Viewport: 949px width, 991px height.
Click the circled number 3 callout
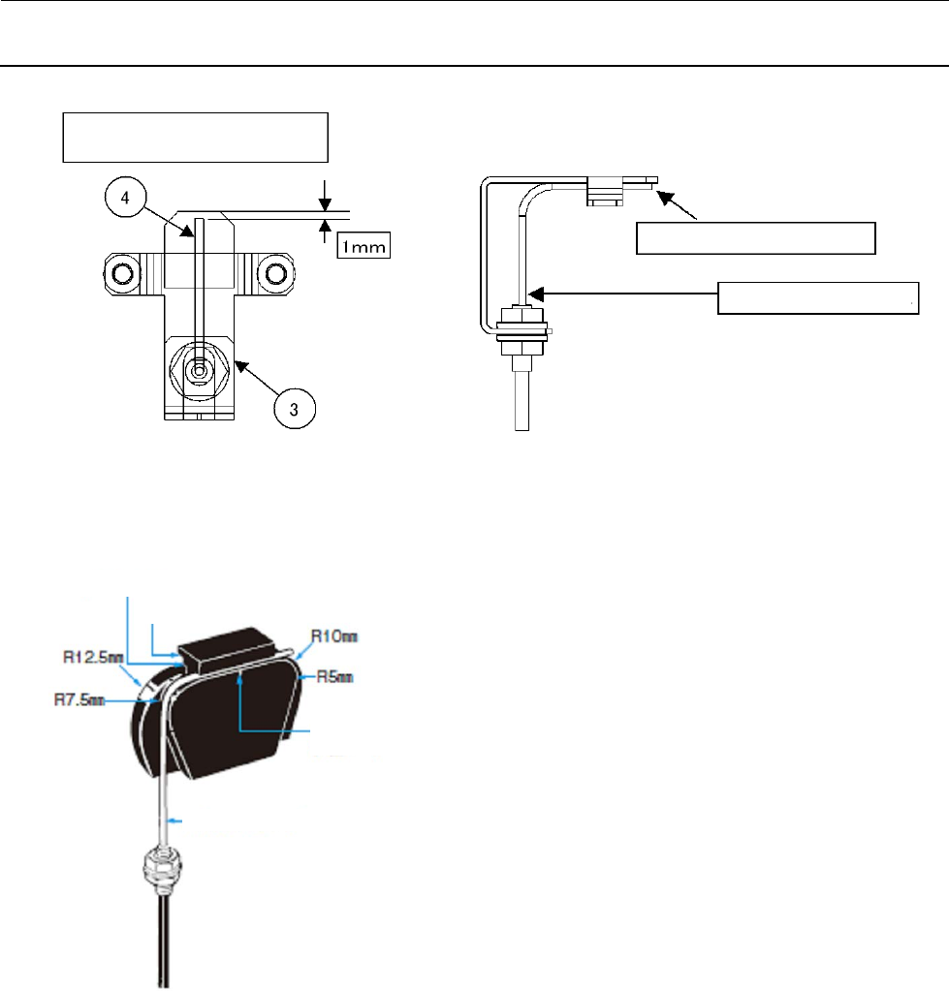pos(293,409)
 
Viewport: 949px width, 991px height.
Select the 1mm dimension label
pos(364,247)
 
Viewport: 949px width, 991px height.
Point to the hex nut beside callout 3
pos(199,369)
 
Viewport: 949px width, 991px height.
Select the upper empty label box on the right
pos(755,237)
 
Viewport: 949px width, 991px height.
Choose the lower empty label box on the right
pos(817,298)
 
